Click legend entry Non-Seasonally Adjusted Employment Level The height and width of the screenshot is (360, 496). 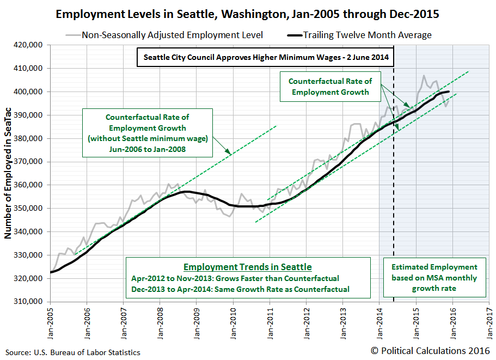172,35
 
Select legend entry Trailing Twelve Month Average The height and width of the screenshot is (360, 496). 367,35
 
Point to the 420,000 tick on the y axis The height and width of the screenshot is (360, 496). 29,45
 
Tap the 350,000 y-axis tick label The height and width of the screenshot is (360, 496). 29,208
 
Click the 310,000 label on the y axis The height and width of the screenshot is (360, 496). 29,301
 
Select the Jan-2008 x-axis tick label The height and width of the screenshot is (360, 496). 160,322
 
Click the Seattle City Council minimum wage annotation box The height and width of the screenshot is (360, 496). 266,57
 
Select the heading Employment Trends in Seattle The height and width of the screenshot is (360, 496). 248,267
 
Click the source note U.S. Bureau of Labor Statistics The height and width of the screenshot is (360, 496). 72,352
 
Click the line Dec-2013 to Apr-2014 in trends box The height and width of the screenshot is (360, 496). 240,289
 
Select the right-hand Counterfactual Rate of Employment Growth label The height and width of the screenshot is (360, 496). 330,86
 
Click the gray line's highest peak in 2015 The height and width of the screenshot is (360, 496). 424,76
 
